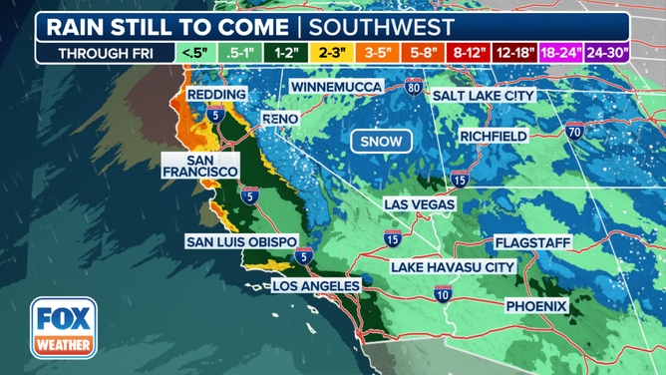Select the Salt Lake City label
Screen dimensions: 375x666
point(483,96)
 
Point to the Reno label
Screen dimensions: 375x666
point(280,119)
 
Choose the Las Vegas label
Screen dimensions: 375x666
point(420,204)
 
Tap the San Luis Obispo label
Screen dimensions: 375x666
point(240,241)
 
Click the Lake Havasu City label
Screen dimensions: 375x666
point(453,267)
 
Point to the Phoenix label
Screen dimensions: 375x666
point(535,305)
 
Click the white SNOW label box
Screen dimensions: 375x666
point(382,142)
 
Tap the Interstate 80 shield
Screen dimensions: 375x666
point(414,88)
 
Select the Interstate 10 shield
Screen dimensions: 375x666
point(443,293)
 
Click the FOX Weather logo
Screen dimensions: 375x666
point(63,328)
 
